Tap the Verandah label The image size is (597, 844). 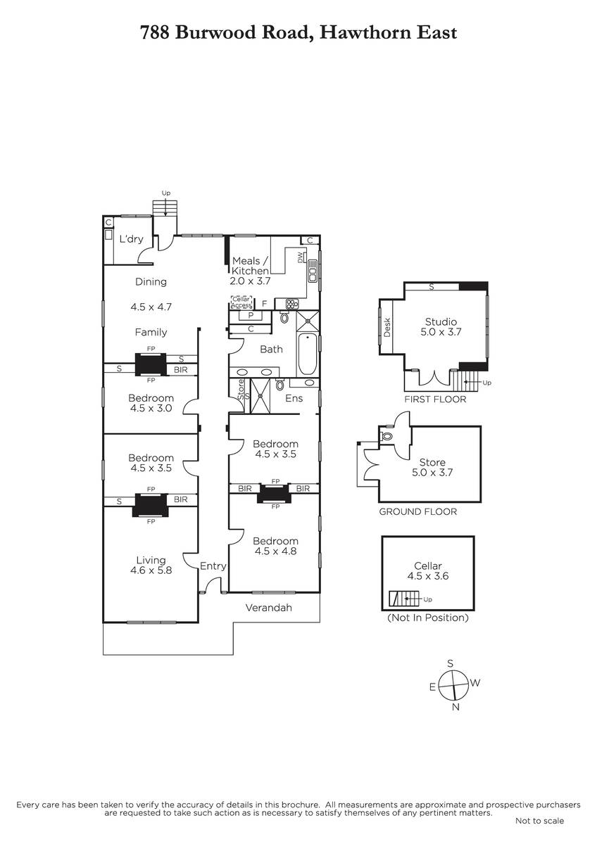(x=268, y=608)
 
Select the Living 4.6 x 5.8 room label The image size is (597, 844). (x=151, y=565)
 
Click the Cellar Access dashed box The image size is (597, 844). (x=241, y=302)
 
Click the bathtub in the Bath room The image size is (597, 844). (x=308, y=353)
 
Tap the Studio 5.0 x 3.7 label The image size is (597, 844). (x=441, y=326)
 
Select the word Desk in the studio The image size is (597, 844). (x=387, y=327)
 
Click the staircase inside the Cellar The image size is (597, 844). (x=404, y=599)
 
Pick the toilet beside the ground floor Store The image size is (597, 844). (x=387, y=436)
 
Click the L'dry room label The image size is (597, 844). (x=131, y=239)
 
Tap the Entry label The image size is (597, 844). (x=213, y=566)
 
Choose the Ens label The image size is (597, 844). (x=294, y=398)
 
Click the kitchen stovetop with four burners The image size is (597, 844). (x=292, y=303)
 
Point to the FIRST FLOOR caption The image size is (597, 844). (x=435, y=399)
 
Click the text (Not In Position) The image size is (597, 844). (x=428, y=618)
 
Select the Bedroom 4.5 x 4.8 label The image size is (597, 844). (x=276, y=546)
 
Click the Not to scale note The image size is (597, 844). (x=540, y=821)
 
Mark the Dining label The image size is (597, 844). (x=151, y=281)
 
